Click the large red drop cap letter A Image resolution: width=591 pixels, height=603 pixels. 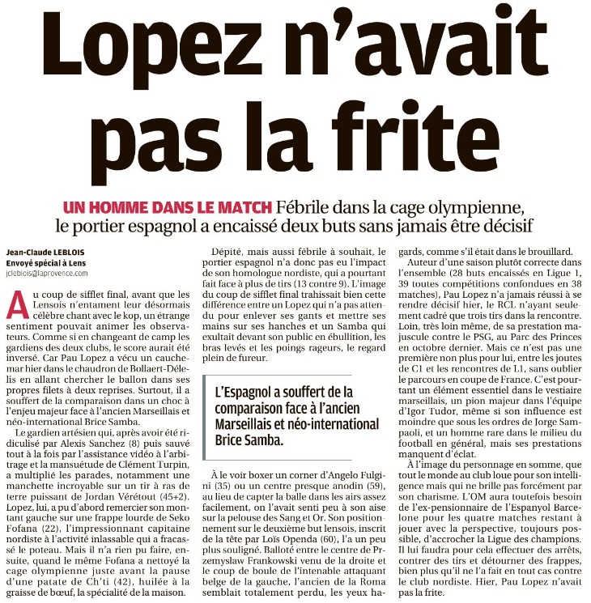13,303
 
